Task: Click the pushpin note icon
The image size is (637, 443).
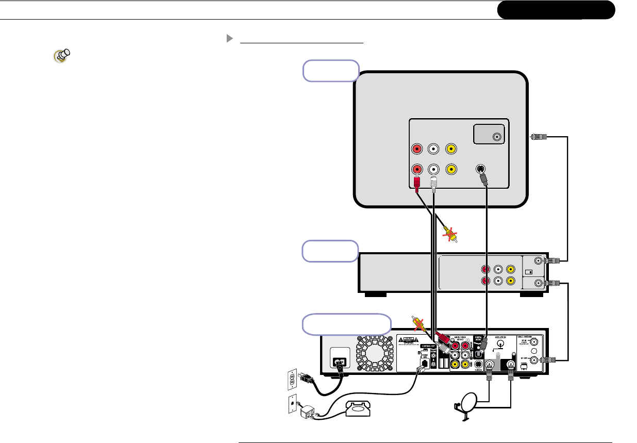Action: point(61,56)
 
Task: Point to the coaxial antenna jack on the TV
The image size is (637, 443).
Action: point(497,137)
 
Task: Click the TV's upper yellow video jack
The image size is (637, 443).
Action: point(451,149)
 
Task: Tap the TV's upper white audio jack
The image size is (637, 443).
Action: point(434,149)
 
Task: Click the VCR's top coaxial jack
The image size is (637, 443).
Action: point(539,261)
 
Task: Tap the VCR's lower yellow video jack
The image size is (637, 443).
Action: point(510,281)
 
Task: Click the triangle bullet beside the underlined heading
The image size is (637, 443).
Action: point(230,39)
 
